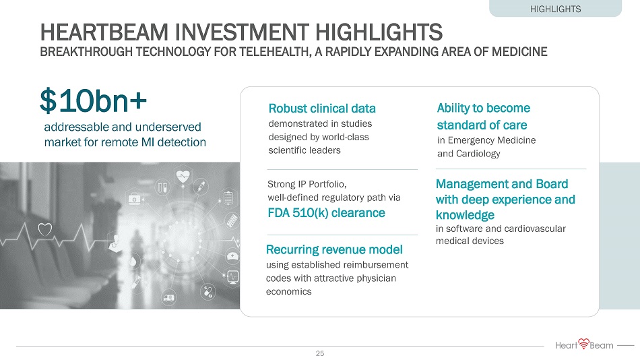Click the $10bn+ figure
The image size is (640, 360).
pyautogui.click(x=93, y=100)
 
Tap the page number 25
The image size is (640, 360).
pyautogui.click(x=319, y=353)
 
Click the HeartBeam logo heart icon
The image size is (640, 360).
pyautogui.click(x=583, y=343)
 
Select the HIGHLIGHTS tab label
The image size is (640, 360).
pyautogui.click(x=555, y=9)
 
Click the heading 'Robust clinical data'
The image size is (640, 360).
pyautogui.click(x=322, y=109)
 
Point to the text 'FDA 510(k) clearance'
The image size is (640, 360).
pyautogui.click(x=326, y=213)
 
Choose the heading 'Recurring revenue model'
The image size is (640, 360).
pyautogui.click(x=334, y=249)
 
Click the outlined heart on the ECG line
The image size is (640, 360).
pyautogui.click(x=45, y=230)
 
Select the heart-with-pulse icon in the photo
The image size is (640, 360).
pyautogui.click(x=183, y=177)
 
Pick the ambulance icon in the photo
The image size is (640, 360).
pyautogui.click(x=168, y=298)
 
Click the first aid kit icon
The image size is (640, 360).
pyautogui.click(x=134, y=199)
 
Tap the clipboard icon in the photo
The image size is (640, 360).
pyautogui.click(x=228, y=198)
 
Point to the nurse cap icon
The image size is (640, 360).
pyautogui.click(x=232, y=256)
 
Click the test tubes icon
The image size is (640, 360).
pyautogui.click(x=164, y=187)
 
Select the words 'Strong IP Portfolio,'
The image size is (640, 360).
pyautogui.click(x=307, y=184)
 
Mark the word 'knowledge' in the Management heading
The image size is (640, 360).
pyautogui.click(x=465, y=215)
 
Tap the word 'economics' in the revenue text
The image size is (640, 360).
pyautogui.click(x=288, y=292)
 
